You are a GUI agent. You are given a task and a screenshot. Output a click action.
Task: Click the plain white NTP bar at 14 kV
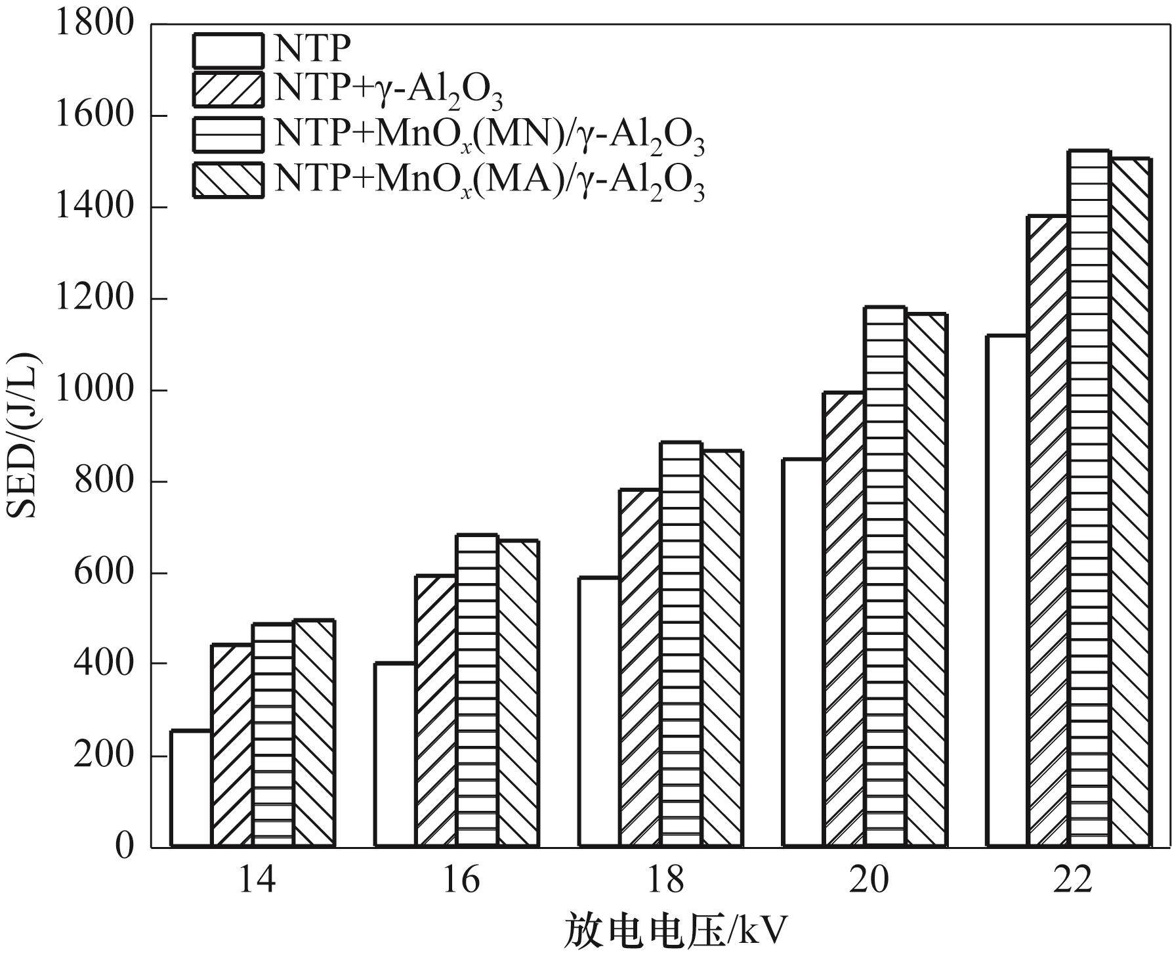(191, 788)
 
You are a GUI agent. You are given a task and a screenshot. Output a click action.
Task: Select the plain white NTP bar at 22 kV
(1007, 591)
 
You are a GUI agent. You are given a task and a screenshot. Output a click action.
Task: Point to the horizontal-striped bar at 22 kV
(1089, 499)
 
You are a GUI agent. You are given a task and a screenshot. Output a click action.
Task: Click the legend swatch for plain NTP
(228, 51)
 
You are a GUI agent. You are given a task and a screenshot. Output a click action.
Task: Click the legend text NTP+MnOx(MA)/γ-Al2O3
(489, 181)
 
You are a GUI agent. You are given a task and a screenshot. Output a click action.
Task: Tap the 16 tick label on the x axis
(461, 880)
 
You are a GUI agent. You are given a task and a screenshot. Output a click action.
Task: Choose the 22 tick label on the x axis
(1072, 880)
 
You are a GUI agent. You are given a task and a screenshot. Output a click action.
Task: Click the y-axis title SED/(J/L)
(24, 435)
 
